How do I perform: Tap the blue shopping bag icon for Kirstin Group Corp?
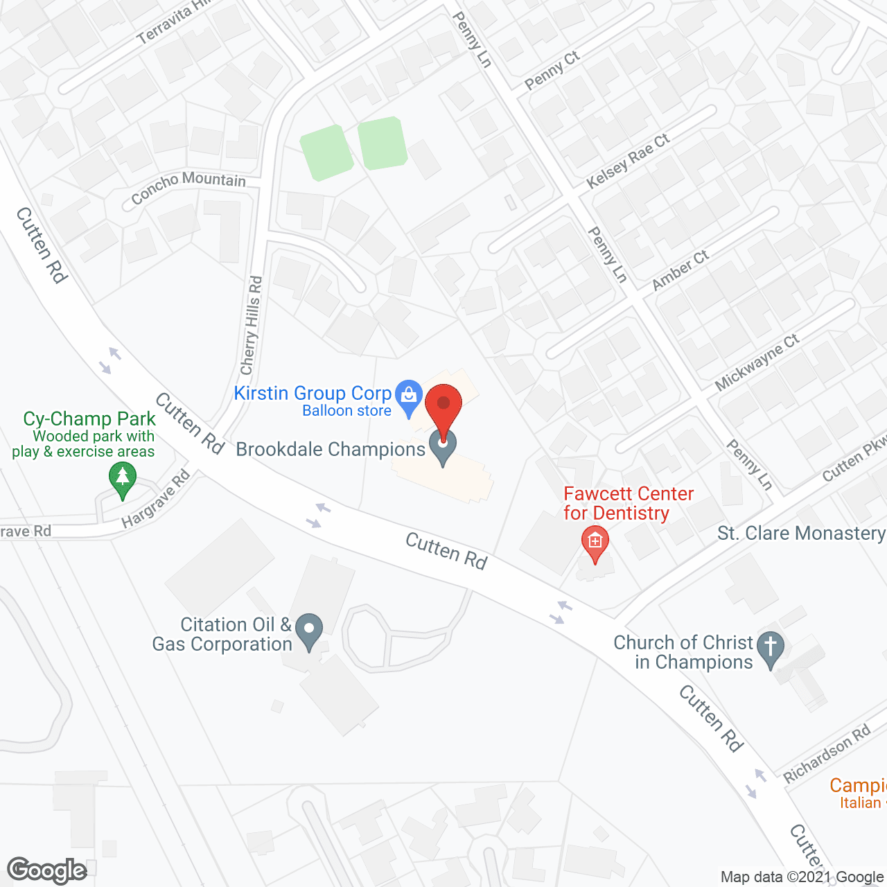(409, 396)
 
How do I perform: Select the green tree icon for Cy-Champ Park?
(123, 478)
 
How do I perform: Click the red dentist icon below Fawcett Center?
(595, 543)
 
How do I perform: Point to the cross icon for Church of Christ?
(770, 648)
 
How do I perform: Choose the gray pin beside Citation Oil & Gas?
(309, 631)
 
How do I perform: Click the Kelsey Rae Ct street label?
(628, 161)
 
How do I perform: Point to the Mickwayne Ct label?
(757, 362)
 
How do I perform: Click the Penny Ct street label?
(552, 70)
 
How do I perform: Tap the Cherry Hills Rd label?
(251, 326)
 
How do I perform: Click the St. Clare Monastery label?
(800, 533)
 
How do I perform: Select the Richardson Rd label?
(826, 755)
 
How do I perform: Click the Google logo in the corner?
(47, 870)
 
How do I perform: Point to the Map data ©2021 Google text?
(802, 877)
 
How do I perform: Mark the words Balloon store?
(346, 411)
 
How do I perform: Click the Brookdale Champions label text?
(331, 449)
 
